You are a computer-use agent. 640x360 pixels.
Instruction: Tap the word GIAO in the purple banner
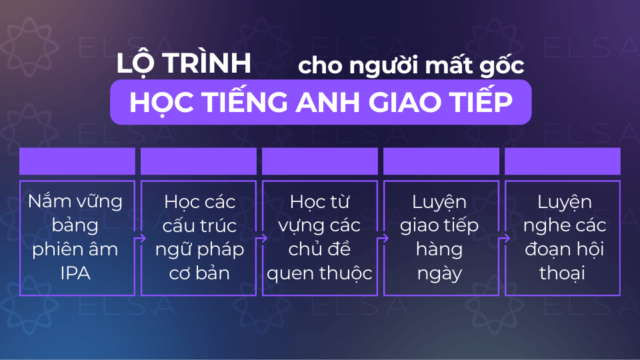point(410,102)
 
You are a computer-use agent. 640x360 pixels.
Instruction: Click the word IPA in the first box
point(75,273)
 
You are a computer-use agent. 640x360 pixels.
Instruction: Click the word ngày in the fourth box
point(439,274)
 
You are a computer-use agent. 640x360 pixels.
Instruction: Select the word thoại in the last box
point(562,273)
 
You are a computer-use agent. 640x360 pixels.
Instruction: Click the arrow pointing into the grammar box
point(139,239)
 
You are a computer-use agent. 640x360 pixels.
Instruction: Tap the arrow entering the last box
point(504,239)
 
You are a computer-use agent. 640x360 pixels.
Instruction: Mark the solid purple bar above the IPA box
point(77,161)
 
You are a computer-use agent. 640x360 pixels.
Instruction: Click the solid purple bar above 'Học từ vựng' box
point(320,161)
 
